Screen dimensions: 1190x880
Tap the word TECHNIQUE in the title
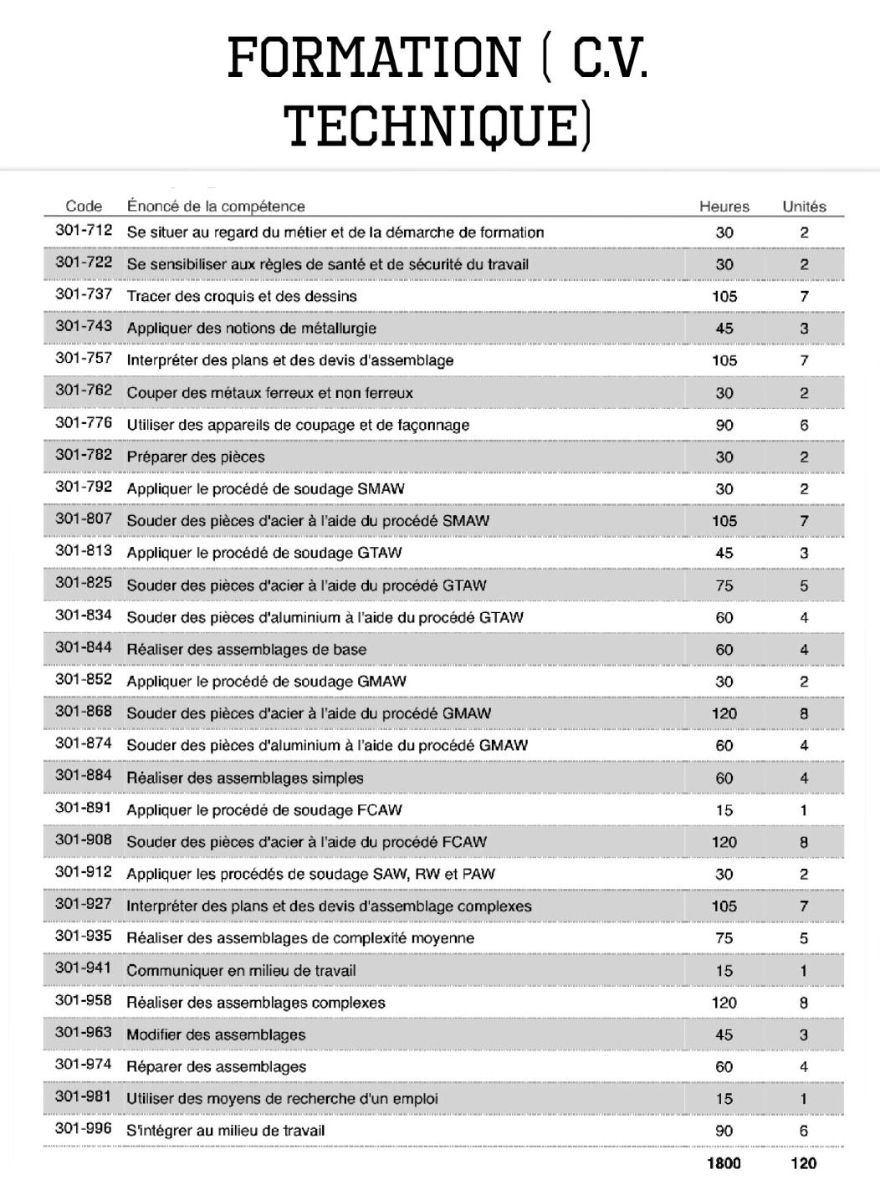click(x=432, y=125)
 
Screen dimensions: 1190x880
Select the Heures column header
click(x=724, y=207)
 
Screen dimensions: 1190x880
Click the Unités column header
click(x=803, y=207)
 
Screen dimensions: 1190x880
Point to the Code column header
click(x=84, y=207)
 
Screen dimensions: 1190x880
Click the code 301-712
click(x=84, y=232)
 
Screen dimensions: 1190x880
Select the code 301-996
click(x=84, y=1130)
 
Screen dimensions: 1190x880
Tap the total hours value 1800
click(x=724, y=1162)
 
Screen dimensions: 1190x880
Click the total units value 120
click(x=803, y=1162)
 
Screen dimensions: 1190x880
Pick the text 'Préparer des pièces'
click(x=196, y=457)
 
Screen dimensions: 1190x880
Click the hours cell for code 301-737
click(x=724, y=296)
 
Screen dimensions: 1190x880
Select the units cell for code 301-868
click(x=803, y=713)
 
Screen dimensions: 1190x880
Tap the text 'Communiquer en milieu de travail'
click(x=241, y=970)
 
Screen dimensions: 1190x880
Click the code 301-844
click(x=84, y=649)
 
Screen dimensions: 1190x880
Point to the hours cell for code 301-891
click(x=724, y=810)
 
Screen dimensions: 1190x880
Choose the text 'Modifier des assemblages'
click(x=216, y=1034)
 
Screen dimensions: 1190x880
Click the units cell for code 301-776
click(x=803, y=425)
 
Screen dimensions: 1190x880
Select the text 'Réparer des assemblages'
click(x=216, y=1066)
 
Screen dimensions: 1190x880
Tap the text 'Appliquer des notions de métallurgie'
click(x=251, y=329)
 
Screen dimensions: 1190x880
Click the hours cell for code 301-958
click(x=724, y=1002)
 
